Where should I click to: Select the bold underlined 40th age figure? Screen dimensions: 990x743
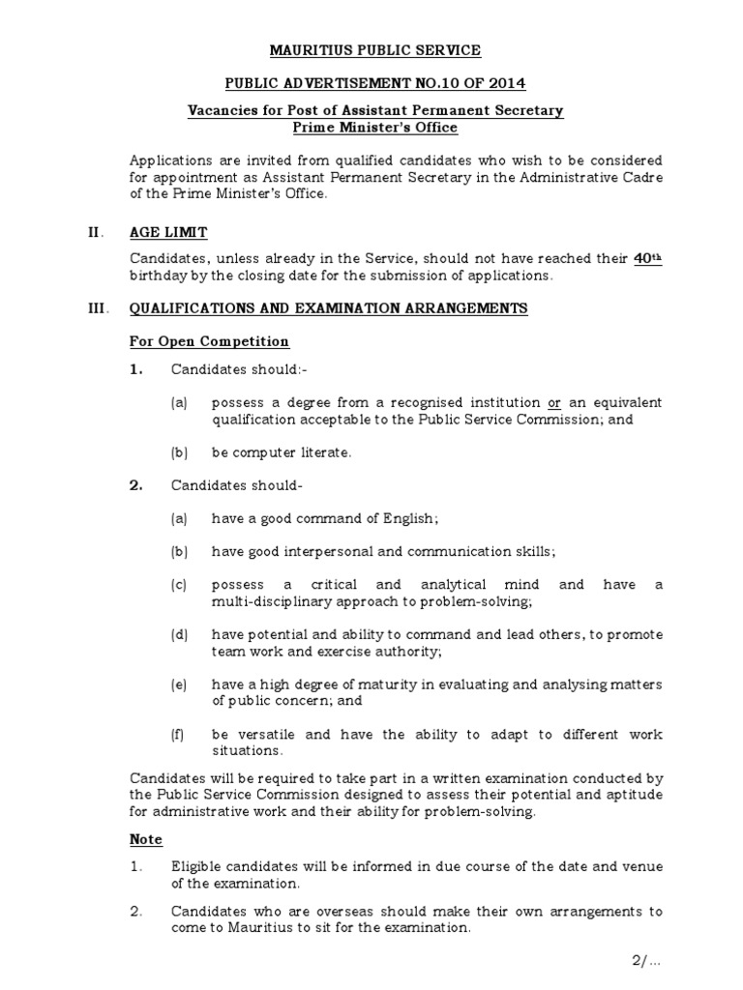click(x=647, y=258)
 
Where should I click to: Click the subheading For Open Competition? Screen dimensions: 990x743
click(x=210, y=341)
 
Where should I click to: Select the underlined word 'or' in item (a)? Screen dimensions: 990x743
click(x=554, y=402)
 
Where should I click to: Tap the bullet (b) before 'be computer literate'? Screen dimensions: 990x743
click(x=179, y=452)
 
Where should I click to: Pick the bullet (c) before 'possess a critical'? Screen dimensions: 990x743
click(x=179, y=585)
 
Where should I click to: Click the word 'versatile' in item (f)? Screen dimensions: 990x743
click(x=270, y=735)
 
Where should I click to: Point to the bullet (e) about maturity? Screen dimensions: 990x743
click(x=179, y=684)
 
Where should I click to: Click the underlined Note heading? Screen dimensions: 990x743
click(x=146, y=839)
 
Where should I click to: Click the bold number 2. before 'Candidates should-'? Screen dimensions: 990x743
click(x=136, y=485)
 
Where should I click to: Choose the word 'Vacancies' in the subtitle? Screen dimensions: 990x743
click(x=223, y=111)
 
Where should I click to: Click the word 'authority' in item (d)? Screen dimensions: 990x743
click(x=385, y=652)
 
